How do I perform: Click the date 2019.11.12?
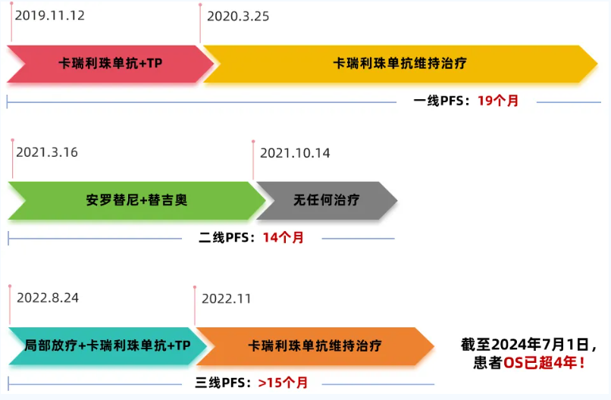[x=49, y=15]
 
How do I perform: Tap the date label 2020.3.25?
[x=238, y=16]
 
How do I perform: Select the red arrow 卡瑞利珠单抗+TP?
[x=110, y=64]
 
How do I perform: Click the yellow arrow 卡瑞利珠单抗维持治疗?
[x=399, y=64]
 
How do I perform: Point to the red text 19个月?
[x=498, y=101]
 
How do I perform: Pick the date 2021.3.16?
[x=47, y=152]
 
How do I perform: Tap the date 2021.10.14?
[x=295, y=153]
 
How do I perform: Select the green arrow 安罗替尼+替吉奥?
[x=136, y=201]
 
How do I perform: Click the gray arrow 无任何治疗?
[x=326, y=201]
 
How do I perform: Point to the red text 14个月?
[x=284, y=238]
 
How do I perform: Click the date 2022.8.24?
[x=48, y=297]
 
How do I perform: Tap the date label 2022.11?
[x=226, y=298]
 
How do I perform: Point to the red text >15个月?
[x=283, y=383]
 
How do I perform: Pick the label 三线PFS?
[x=226, y=383]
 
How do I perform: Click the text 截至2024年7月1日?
[x=524, y=345]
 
